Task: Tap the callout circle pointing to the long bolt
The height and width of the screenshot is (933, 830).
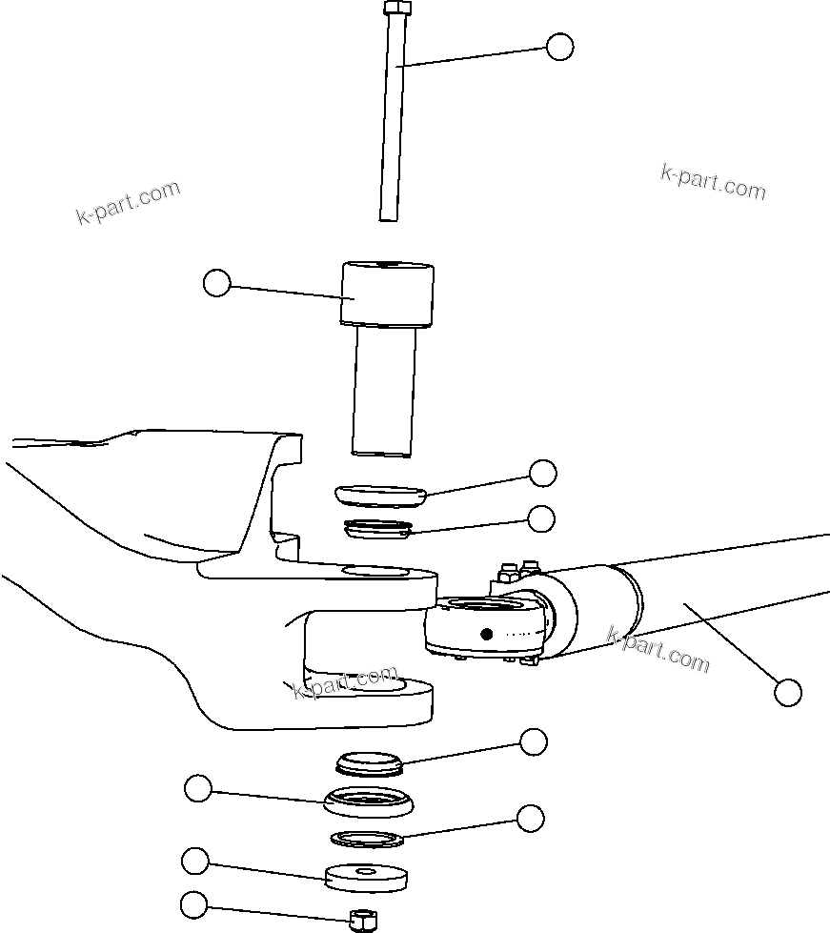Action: tap(559, 47)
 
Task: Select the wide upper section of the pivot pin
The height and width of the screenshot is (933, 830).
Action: tap(388, 294)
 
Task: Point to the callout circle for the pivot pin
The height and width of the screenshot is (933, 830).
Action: tap(217, 282)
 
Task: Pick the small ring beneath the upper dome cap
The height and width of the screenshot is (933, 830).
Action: tap(377, 527)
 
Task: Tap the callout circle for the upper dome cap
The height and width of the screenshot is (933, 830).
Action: tap(543, 473)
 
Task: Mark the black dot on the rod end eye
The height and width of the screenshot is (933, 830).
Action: tap(486, 634)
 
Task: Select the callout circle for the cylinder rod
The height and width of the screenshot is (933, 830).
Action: tap(787, 692)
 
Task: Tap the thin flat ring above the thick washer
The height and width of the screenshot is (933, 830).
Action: tap(368, 839)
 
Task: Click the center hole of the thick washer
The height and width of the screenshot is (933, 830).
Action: tap(366, 870)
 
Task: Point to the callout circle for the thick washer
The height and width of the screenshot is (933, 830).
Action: tap(195, 861)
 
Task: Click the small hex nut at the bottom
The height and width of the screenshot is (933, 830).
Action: tap(361, 920)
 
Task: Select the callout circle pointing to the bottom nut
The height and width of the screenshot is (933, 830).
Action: tap(194, 904)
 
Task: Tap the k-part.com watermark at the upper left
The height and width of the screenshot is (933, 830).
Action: tap(128, 202)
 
